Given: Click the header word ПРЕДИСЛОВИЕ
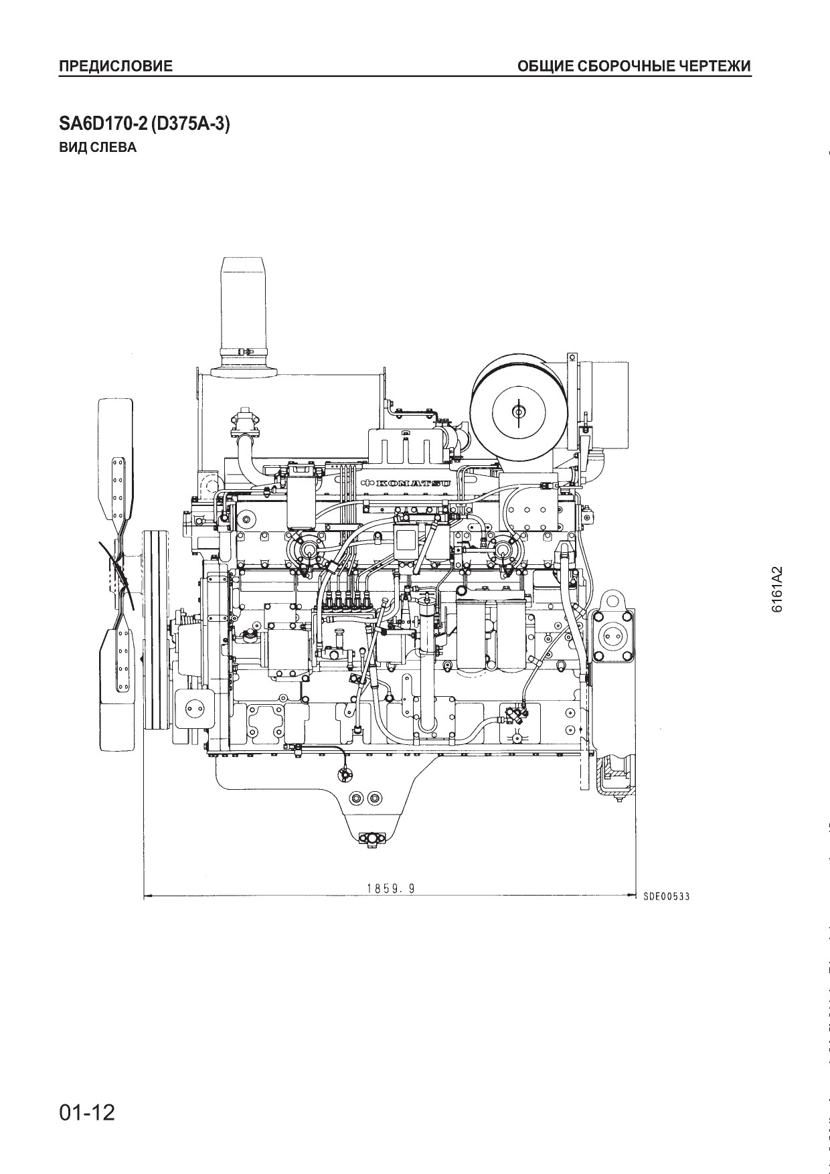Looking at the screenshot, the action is pos(116,66).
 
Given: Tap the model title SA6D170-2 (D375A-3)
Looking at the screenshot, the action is pos(145,125).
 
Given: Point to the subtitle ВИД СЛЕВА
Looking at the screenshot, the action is pos(98,148).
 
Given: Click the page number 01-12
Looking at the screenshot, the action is pos(87,1112).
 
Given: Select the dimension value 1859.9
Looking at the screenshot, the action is pos(391,888).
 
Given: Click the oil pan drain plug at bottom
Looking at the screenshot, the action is pos(368,839).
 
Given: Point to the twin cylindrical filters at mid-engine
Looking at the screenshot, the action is pos(493,633).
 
